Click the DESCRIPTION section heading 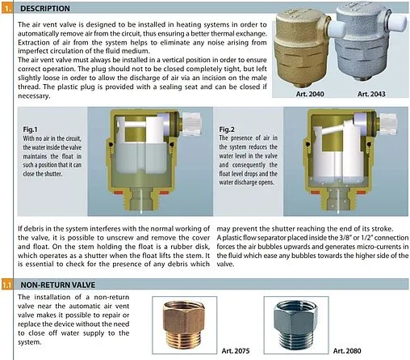[45, 8]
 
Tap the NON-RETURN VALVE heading [58, 285]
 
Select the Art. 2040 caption [310, 94]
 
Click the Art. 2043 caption [371, 94]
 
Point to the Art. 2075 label [236, 351]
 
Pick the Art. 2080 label [347, 351]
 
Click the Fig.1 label [30, 129]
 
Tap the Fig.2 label [227, 129]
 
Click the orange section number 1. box [6, 8]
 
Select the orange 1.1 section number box [6, 285]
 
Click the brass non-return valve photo [184, 324]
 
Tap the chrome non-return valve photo [296, 324]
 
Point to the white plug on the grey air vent [398, 22]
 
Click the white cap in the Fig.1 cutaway [192, 125]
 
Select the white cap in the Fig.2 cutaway [387, 125]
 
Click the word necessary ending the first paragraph [34, 96]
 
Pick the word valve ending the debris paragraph [225, 265]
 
